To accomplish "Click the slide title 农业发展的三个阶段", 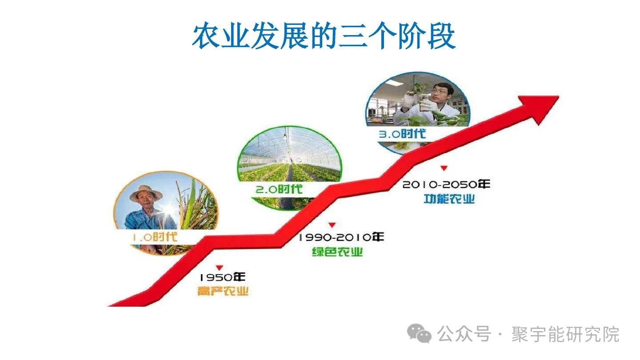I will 324,36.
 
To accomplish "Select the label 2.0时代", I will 279,189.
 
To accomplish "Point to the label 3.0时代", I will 402,133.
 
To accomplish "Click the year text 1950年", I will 222,277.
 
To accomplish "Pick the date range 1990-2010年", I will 341,237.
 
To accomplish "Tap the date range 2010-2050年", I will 446,184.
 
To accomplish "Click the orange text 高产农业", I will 223,292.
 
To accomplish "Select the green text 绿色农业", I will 337,252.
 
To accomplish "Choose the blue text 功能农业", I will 449,199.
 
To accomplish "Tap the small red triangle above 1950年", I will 219,268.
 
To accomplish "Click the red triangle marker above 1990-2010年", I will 332,225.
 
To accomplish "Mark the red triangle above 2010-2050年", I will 444,168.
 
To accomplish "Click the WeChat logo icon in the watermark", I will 420,334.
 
